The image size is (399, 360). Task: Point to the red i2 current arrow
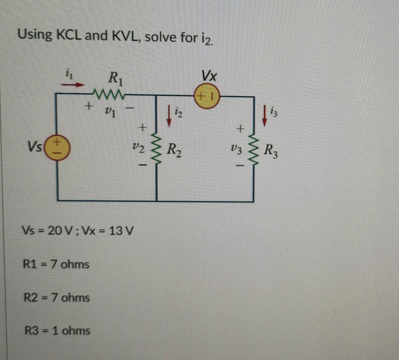pyautogui.click(x=169, y=119)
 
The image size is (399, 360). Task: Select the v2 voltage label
pyautogui.click(x=138, y=147)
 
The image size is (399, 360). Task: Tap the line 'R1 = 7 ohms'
pyautogui.click(x=56, y=264)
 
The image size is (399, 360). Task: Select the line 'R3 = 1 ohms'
pyautogui.click(x=58, y=331)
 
